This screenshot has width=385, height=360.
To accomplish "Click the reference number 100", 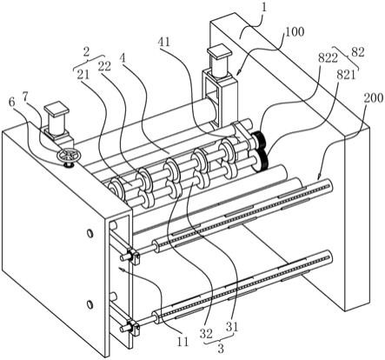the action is point(295,31).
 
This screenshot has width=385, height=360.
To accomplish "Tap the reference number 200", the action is point(374,98).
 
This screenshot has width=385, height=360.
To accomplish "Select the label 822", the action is point(328,58).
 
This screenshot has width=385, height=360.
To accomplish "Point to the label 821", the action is point(346,76).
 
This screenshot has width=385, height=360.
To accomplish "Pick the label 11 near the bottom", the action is point(183,342).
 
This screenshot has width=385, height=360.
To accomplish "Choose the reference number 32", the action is point(206,333).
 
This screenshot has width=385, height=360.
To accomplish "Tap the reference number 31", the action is point(232,327).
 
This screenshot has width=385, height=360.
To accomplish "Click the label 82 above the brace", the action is point(358,52).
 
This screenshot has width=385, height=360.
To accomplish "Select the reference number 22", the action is point(104,67).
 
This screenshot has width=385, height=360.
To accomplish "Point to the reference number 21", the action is point(83,76).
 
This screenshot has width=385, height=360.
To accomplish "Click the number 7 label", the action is point(26,98).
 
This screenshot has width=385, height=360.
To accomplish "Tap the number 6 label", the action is point(12,103).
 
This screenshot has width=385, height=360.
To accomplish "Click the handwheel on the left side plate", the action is point(68,155).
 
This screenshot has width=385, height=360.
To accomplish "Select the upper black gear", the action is point(258,140).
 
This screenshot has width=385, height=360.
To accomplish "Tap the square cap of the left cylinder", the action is point(56,109).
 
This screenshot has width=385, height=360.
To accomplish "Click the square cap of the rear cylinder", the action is point(220,50).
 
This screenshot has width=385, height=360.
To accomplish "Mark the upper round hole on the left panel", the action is point(90,233).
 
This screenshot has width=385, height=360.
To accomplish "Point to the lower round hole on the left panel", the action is point(90,304).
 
